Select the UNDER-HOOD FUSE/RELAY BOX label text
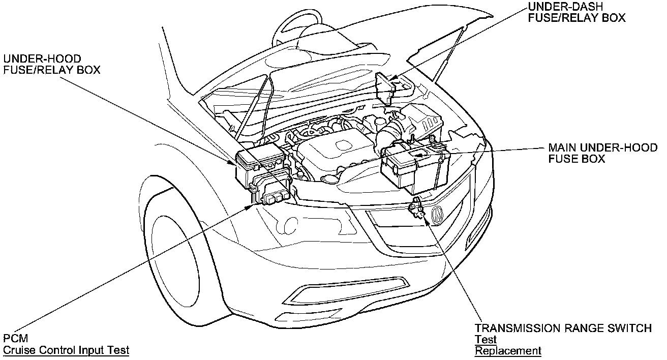[x=51, y=65]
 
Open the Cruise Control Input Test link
[x=66, y=350]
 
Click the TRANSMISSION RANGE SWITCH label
[x=563, y=328]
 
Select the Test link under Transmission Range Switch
[x=486, y=340]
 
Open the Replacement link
[x=507, y=350]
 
